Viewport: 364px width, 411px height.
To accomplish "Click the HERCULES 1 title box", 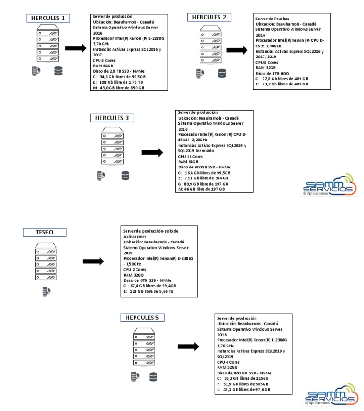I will [48, 19].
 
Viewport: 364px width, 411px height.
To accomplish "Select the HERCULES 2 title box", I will [209, 18].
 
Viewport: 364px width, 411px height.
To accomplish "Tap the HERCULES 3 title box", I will [112, 118].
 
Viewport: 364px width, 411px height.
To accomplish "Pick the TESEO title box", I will [45, 232].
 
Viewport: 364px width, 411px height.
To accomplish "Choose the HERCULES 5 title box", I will [143, 318].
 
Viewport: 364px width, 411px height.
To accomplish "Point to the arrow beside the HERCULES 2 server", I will [237, 50].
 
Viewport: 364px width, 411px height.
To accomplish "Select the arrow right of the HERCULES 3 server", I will [152, 152].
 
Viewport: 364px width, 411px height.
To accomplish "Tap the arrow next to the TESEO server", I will [93, 262].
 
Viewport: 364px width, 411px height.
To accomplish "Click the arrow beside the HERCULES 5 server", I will [188, 347].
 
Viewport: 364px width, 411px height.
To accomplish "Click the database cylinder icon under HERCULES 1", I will [58, 71].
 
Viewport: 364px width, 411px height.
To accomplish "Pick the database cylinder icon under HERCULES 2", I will [222, 74].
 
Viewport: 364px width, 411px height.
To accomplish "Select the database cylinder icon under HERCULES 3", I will [125, 176].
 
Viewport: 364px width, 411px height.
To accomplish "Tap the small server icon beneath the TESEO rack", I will [46, 291].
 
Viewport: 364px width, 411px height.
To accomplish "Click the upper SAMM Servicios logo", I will [330, 185].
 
